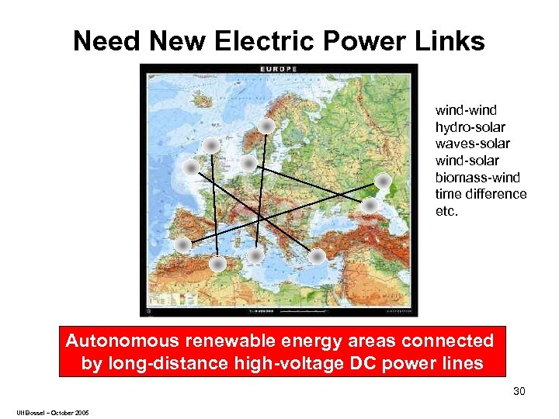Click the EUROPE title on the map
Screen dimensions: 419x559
click(278, 69)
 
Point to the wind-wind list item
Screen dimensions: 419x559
click(466, 110)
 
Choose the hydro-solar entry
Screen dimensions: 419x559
click(470, 127)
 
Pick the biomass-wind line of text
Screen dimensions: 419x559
click(477, 177)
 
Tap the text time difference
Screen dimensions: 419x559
click(481, 194)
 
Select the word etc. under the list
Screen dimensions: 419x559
click(447, 210)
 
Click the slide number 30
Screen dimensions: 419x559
click(519, 391)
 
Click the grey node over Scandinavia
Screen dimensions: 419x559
click(266, 125)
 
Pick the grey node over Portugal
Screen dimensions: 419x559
click(182, 245)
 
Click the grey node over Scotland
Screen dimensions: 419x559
click(211, 145)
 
